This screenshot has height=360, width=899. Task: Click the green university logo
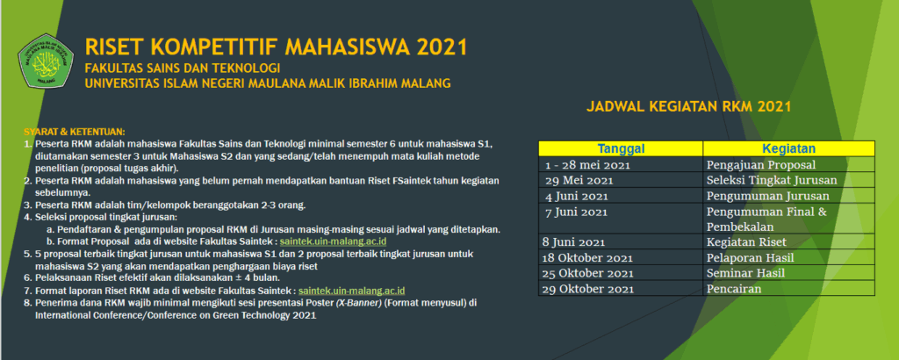click(x=46, y=61)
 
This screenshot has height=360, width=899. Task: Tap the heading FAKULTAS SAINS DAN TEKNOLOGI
click(x=183, y=68)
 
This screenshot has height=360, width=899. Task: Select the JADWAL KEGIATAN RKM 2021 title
click(x=688, y=106)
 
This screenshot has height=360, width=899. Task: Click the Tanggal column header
click(x=621, y=148)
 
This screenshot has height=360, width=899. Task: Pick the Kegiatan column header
click(x=788, y=148)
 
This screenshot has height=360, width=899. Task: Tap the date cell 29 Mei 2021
click(x=579, y=181)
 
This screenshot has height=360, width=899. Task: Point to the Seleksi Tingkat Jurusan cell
click(x=772, y=180)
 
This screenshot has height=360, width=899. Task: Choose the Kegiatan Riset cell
click(x=746, y=242)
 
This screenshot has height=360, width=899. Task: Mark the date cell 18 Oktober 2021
click(x=589, y=258)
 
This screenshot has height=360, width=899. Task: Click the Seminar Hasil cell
click(x=745, y=273)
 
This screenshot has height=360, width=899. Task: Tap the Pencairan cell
click(x=734, y=289)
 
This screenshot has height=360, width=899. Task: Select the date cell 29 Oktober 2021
click(x=590, y=289)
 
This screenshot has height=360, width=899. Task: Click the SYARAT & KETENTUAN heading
click(x=75, y=132)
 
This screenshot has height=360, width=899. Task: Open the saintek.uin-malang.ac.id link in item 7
click(x=352, y=292)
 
